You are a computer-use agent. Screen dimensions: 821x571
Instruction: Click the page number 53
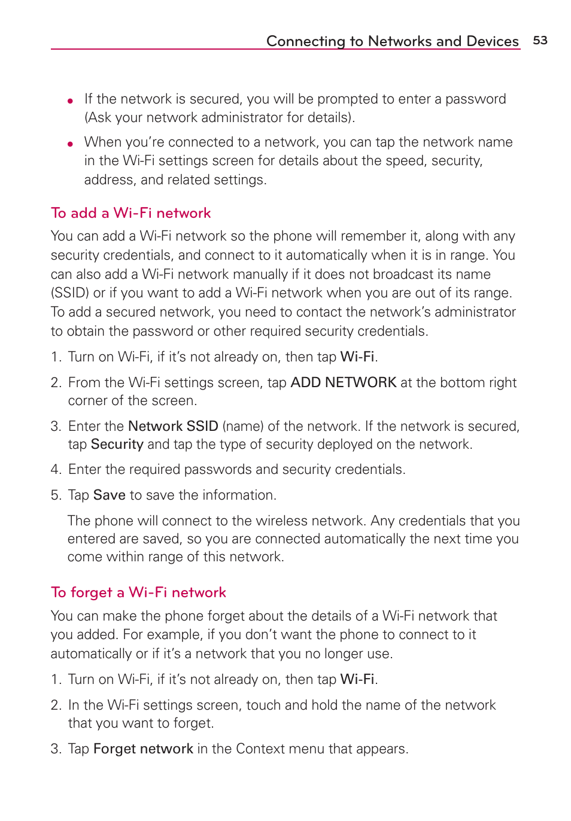tap(540, 40)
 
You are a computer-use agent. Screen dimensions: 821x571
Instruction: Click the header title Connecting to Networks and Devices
tap(392, 41)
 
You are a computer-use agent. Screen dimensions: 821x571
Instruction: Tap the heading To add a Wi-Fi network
tap(130, 213)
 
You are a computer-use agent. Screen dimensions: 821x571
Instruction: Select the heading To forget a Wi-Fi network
tap(138, 592)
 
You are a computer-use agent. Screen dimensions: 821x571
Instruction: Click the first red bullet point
tap(71, 101)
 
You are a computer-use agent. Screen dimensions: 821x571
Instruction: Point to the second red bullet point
tap(71, 144)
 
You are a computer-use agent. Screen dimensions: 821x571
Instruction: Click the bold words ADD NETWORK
tap(343, 382)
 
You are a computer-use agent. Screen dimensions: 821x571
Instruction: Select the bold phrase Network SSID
tap(173, 426)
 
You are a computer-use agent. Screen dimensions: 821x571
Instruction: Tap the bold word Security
tap(117, 444)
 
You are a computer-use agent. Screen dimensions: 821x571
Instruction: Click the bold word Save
tap(109, 495)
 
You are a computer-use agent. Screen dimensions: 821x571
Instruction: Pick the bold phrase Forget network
tap(143, 749)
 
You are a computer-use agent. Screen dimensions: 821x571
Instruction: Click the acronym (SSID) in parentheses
tap(69, 293)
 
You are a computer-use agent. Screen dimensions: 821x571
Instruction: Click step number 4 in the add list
tap(55, 470)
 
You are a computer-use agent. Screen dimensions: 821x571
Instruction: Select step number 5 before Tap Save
tap(55, 495)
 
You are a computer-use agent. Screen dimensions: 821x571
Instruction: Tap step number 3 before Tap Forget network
tap(55, 749)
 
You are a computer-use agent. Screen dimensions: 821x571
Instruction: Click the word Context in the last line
tap(260, 749)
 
